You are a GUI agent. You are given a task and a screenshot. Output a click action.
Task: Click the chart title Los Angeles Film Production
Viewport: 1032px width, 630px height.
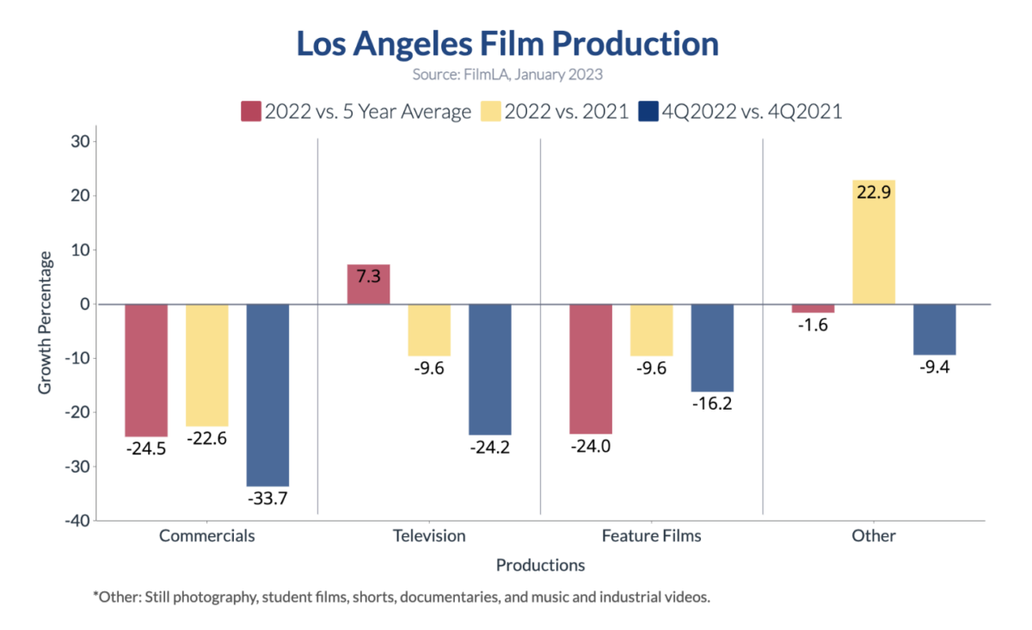click(x=507, y=44)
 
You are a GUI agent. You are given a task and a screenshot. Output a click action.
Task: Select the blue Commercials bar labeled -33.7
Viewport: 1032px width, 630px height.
click(x=267, y=395)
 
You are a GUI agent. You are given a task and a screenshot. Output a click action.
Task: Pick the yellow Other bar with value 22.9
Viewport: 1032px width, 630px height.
click(x=873, y=242)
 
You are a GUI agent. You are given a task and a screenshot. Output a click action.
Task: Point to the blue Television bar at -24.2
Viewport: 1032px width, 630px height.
click(x=489, y=369)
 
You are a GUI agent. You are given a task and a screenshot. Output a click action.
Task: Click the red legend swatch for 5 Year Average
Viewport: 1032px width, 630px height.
click(x=250, y=111)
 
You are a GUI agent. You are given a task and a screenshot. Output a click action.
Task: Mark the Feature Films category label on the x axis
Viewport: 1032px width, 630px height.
click(x=651, y=535)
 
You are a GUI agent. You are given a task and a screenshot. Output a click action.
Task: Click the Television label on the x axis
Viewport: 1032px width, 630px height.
click(x=429, y=535)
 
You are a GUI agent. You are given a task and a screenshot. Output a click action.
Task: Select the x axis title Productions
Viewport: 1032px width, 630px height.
click(x=540, y=565)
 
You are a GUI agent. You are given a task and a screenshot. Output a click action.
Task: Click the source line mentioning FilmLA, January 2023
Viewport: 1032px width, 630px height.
click(x=507, y=74)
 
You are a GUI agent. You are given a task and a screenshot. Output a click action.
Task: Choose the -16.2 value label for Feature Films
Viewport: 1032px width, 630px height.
click(x=711, y=404)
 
